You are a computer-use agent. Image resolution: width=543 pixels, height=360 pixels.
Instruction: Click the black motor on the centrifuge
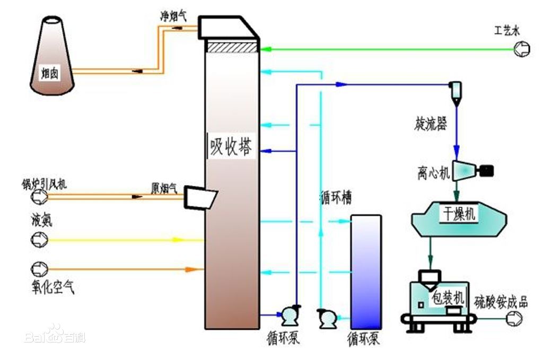point(485,171)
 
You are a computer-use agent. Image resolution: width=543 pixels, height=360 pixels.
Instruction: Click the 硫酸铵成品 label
point(501,303)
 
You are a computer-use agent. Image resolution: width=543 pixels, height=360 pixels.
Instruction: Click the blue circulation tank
point(366,271)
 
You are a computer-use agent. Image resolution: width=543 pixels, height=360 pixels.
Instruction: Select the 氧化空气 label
point(52,287)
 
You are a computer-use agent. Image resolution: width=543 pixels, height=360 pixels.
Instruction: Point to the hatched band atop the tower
point(232,47)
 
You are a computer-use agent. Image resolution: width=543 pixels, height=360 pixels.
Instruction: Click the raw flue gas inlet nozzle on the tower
point(200,197)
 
